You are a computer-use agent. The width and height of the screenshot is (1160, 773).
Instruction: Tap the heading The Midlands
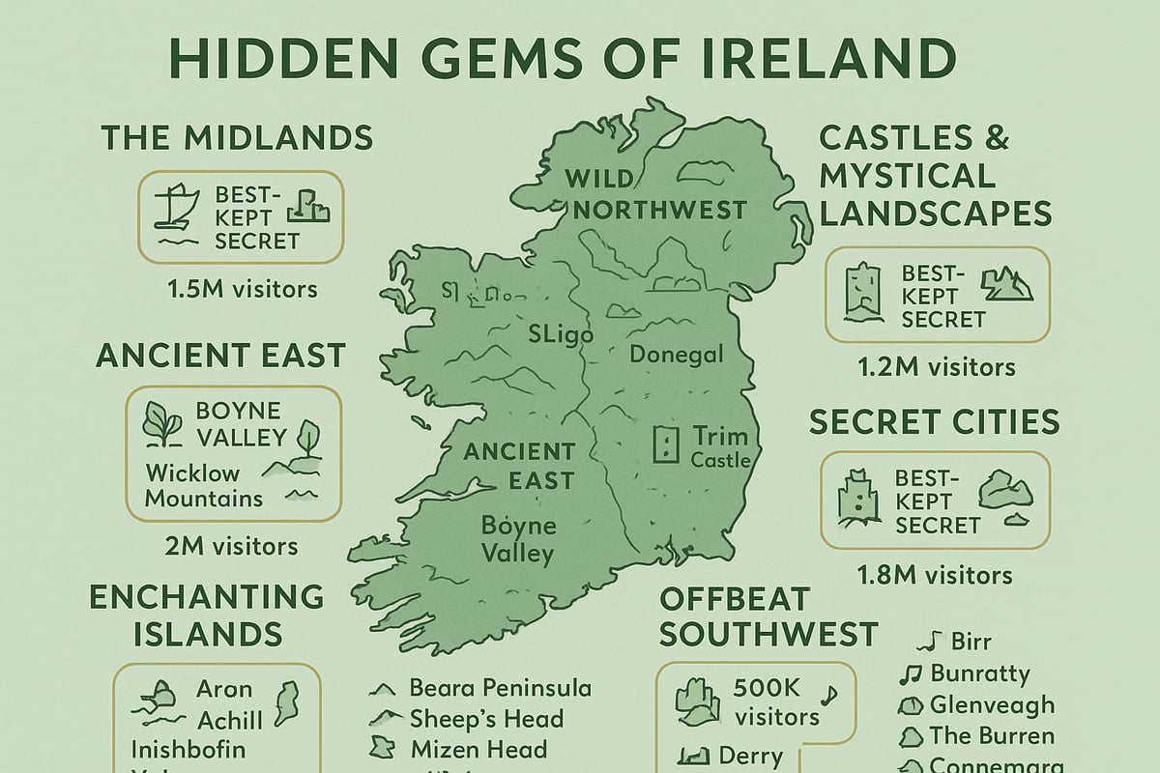pyautogui.click(x=237, y=137)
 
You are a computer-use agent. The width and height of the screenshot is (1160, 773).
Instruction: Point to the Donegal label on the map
pyautogui.click(x=676, y=355)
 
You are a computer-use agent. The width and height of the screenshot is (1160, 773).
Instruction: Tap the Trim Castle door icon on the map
pyautogui.click(x=666, y=445)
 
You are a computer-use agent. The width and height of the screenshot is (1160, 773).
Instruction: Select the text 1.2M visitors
pyautogui.click(x=937, y=367)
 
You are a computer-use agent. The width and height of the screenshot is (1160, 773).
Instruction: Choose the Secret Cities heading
pyautogui.click(x=934, y=422)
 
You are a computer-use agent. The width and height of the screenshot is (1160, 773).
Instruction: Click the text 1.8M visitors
pyautogui.click(x=935, y=576)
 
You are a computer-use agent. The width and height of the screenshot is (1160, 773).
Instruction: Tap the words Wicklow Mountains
pyautogui.click(x=203, y=486)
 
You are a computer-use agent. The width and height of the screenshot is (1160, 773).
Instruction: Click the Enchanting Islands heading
pyautogui.click(x=206, y=615)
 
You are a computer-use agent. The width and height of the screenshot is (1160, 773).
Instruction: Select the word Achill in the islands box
pyautogui.click(x=229, y=721)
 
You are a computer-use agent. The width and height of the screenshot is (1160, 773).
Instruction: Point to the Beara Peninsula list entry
pyautogui.click(x=500, y=688)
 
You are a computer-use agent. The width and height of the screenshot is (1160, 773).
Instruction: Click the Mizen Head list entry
pyautogui.click(x=478, y=749)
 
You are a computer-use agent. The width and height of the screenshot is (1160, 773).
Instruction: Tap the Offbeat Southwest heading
pyautogui.click(x=768, y=616)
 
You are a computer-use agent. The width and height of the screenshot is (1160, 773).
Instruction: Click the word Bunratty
pyautogui.click(x=979, y=673)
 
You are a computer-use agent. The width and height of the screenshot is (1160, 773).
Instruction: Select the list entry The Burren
pyautogui.click(x=992, y=735)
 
